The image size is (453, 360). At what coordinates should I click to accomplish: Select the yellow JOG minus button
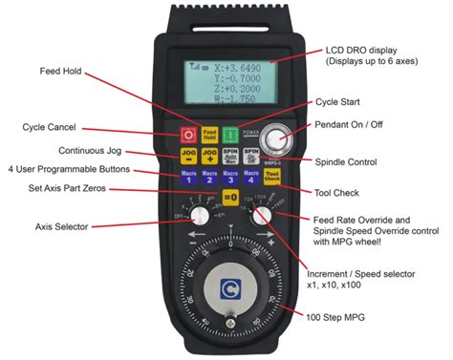click(188, 156)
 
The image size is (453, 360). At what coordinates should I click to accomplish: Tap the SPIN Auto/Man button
click(230, 156)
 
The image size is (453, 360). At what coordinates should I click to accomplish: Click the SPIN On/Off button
click(251, 156)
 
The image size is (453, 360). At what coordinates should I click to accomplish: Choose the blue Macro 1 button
click(188, 178)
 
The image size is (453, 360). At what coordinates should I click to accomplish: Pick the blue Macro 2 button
click(209, 178)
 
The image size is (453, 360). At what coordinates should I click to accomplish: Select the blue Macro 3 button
click(230, 178)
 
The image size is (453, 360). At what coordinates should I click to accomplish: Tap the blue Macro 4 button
click(251, 178)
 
